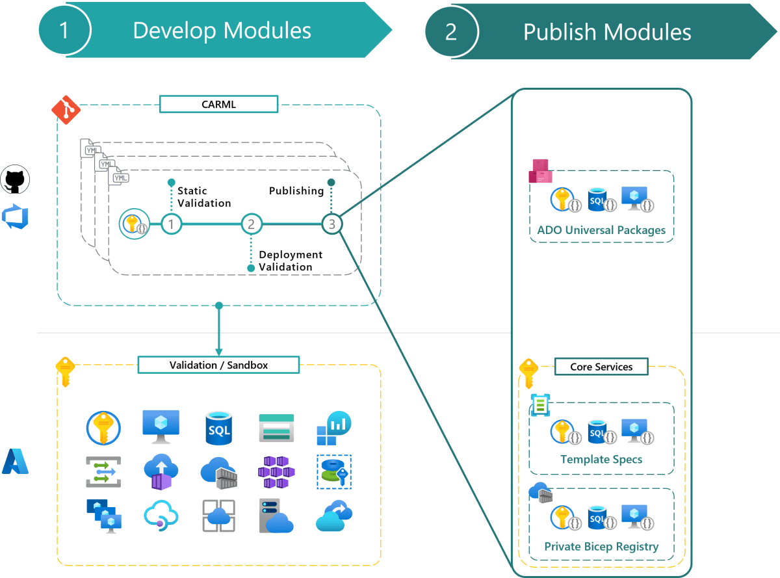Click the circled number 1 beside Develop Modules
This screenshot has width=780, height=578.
click(x=64, y=31)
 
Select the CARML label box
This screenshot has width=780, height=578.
click(x=218, y=104)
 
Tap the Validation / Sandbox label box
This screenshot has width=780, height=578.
click(x=218, y=365)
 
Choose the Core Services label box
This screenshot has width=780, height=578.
click(x=601, y=367)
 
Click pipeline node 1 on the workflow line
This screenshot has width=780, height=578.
click(x=171, y=224)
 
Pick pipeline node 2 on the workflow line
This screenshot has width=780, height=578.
click(x=251, y=224)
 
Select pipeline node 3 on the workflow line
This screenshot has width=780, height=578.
click(x=331, y=224)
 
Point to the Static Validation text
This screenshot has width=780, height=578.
click(x=204, y=197)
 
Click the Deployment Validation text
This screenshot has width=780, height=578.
click(x=291, y=261)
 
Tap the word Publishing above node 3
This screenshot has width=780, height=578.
click(x=296, y=190)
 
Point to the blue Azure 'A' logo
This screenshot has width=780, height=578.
click(x=15, y=461)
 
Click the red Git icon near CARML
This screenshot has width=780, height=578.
click(x=65, y=110)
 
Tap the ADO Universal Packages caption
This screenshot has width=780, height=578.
click(x=601, y=230)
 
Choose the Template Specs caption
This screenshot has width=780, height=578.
click(x=601, y=459)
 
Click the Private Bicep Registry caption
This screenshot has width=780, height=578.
click(x=601, y=546)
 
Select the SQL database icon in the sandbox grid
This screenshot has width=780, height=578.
click(x=218, y=427)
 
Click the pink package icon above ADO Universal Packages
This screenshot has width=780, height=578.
click(x=540, y=171)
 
